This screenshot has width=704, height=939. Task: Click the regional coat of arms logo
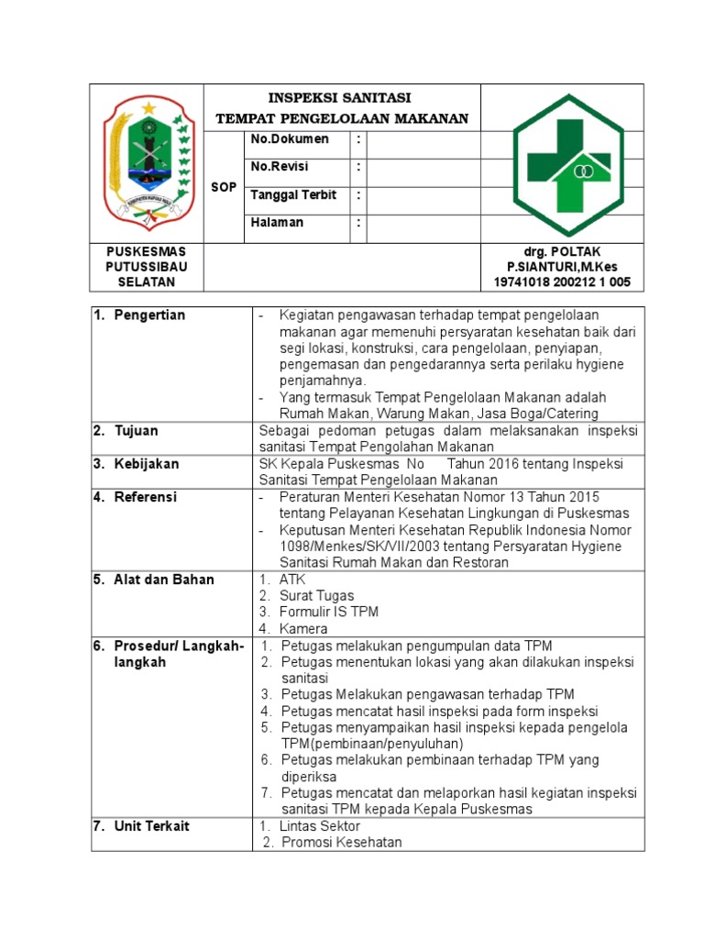pyautogui.click(x=147, y=163)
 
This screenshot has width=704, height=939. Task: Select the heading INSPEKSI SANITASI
pyautogui.click(x=340, y=97)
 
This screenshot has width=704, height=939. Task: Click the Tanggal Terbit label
pyautogui.click(x=293, y=194)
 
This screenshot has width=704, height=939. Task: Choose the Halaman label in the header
pyautogui.click(x=277, y=222)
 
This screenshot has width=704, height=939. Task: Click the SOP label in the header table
pyautogui.click(x=224, y=187)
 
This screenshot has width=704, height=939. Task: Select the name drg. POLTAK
pyautogui.click(x=562, y=251)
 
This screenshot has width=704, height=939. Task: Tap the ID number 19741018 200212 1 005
pyautogui.click(x=562, y=282)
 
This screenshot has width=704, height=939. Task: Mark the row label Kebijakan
pyautogui.click(x=147, y=464)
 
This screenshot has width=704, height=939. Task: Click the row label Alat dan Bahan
pyautogui.click(x=164, y=580)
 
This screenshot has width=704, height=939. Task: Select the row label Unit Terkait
pyautogui.click(x=151, y=826)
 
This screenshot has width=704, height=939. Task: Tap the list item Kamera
pyautogui.click(x=304, y=629)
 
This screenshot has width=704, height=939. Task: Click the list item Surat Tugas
pyautogui.click(x=317, y=596)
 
